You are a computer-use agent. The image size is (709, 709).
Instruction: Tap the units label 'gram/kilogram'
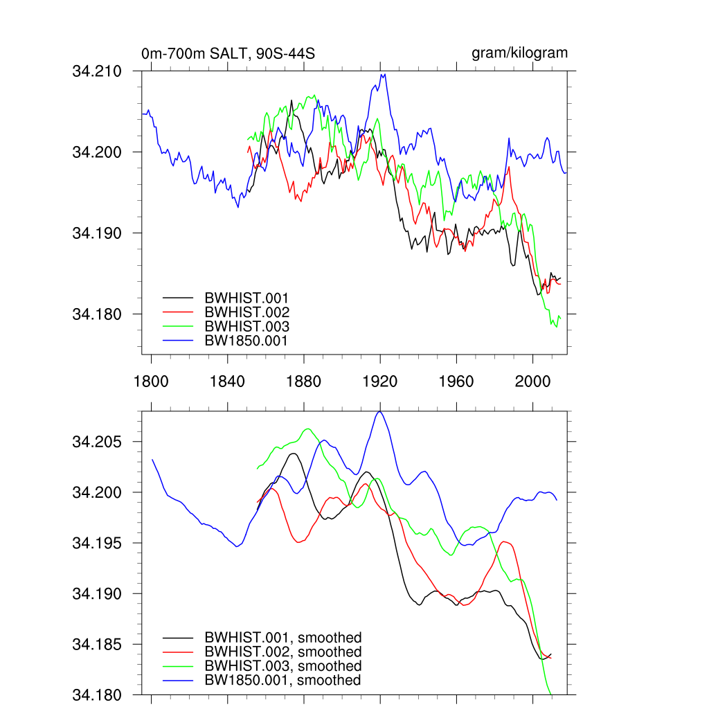click(519, 53)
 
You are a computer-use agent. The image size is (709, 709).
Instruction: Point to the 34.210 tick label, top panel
click(97, 71)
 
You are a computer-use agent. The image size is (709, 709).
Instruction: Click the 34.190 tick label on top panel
click(97, 233)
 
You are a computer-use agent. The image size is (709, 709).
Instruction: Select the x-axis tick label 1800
click(150, 382)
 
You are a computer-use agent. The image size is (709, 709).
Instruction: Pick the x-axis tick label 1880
click(303, 382)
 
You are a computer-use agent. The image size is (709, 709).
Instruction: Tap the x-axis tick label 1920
click(380, 382)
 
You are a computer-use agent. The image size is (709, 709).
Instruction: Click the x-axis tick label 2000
click(532, 382)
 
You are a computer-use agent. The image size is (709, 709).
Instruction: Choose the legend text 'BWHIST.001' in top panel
click(246, 298)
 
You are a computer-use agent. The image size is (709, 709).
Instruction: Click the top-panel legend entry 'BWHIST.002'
click(246, 312)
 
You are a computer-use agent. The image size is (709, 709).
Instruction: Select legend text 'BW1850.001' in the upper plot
click(246, 341)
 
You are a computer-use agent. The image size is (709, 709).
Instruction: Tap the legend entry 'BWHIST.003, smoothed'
click(282, 666)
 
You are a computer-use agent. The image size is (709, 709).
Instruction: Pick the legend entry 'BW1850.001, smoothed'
click(282, 681)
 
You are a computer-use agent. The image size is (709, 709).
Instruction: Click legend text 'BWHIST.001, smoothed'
click(282, 638)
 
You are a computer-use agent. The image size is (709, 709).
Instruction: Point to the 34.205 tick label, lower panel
click(97, 442)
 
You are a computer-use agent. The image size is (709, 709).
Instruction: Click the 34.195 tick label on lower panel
click(97, 544)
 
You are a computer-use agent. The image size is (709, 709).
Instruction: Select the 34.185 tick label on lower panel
click(97, 645)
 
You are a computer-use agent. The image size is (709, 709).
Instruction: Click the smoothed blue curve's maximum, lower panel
click(379, 412)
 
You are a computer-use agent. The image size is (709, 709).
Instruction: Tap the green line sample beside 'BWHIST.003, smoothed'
click(177, 666)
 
